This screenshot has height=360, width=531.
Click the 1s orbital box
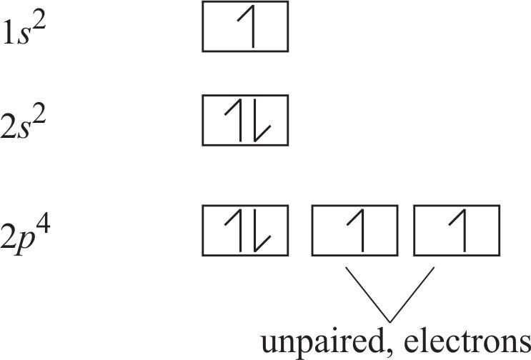tap(245, 26)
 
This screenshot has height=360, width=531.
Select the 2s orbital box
tap(245, 119)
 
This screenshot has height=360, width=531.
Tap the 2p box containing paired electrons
tap(245, 231)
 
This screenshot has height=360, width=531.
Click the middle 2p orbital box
tap(354, 231)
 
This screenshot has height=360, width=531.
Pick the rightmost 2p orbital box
tap(457, 231)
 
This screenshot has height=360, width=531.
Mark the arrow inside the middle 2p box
tap(354, 231)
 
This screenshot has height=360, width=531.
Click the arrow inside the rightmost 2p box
tap(457, 231)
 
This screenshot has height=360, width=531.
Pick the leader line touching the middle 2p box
tap(367, 293)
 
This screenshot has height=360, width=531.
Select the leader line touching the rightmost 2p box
tap(412, 293)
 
